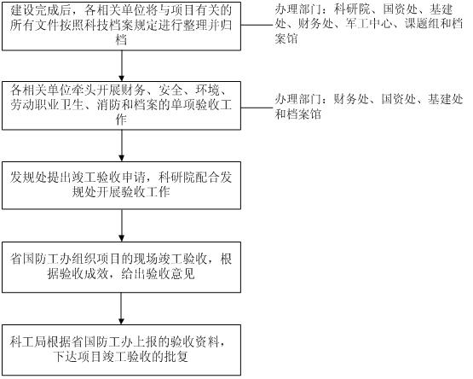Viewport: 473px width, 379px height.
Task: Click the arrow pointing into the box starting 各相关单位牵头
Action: [122, 66]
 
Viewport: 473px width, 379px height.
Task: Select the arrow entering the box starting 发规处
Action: [122, 146]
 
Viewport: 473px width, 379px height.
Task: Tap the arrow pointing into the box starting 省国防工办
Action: [122, 225]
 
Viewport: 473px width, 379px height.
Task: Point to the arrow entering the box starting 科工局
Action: [122, 309]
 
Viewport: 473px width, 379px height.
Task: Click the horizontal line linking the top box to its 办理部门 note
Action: [257, 25]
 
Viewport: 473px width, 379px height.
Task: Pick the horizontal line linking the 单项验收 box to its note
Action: [257, 108]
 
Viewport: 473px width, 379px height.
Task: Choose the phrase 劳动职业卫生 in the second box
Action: [47, 105]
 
